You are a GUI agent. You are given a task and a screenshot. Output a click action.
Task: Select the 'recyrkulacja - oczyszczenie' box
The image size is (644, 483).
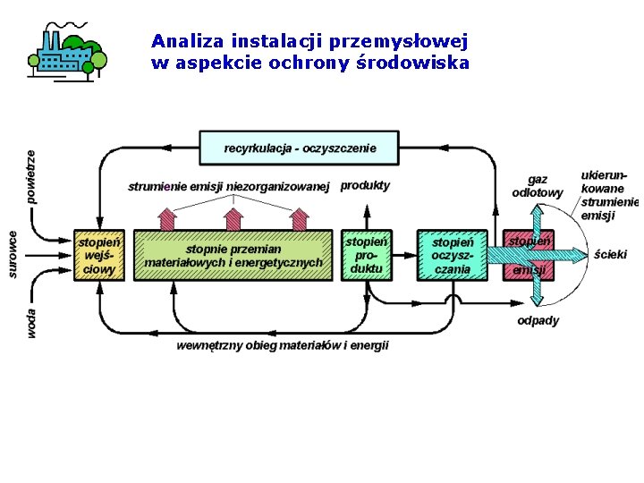(x=300, y=148)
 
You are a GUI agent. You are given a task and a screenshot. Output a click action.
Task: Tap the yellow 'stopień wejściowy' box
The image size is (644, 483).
(x=98, y=255)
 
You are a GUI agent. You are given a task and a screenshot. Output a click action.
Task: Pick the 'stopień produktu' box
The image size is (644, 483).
(x=367, y=255)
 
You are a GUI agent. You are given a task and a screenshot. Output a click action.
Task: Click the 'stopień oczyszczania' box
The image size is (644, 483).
(x=452, y=256)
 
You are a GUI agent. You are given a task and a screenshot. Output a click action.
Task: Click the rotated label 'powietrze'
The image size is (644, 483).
(x=31, y=176)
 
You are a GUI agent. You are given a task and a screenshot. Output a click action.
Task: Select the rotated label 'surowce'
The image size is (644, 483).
(x=13, y=254)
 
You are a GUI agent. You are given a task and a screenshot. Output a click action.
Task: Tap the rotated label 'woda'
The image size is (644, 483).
(x=31, y=323)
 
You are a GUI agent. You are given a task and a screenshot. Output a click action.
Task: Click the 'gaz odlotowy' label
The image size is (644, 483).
(x=538, y=186)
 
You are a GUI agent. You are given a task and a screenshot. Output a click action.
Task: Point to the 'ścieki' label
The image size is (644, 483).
(x=611, y=255)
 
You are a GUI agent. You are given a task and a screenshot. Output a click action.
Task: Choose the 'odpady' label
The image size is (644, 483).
(x=538, y=320)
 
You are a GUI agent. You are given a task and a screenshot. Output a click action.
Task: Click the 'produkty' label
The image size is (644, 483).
(x=365, y=185)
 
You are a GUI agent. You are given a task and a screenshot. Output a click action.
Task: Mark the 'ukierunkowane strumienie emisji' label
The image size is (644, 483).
(x=608, y=195)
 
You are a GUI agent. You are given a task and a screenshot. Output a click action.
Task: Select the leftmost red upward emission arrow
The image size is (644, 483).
(x=166, y=218)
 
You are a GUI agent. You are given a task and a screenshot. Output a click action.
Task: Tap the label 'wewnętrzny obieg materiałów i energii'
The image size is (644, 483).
(x=283, y=345)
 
